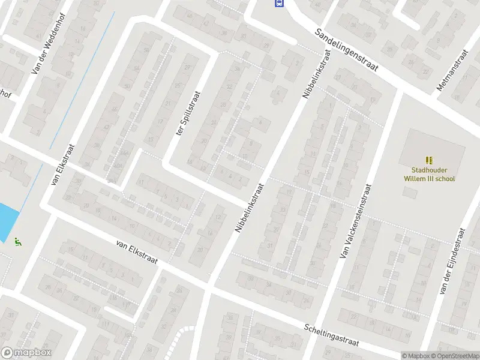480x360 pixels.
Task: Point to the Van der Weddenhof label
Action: (47, 45)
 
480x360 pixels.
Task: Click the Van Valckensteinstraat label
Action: (355, 221)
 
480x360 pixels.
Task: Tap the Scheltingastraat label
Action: (331, 335)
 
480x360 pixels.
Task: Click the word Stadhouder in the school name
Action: (428, 170)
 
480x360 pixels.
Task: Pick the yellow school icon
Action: (429, 160)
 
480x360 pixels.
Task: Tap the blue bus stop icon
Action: (279, 4)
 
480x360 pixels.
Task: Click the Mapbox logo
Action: (26, 353)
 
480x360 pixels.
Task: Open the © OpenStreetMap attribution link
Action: (458, 356)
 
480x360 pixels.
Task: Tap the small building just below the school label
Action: (411, 193)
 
